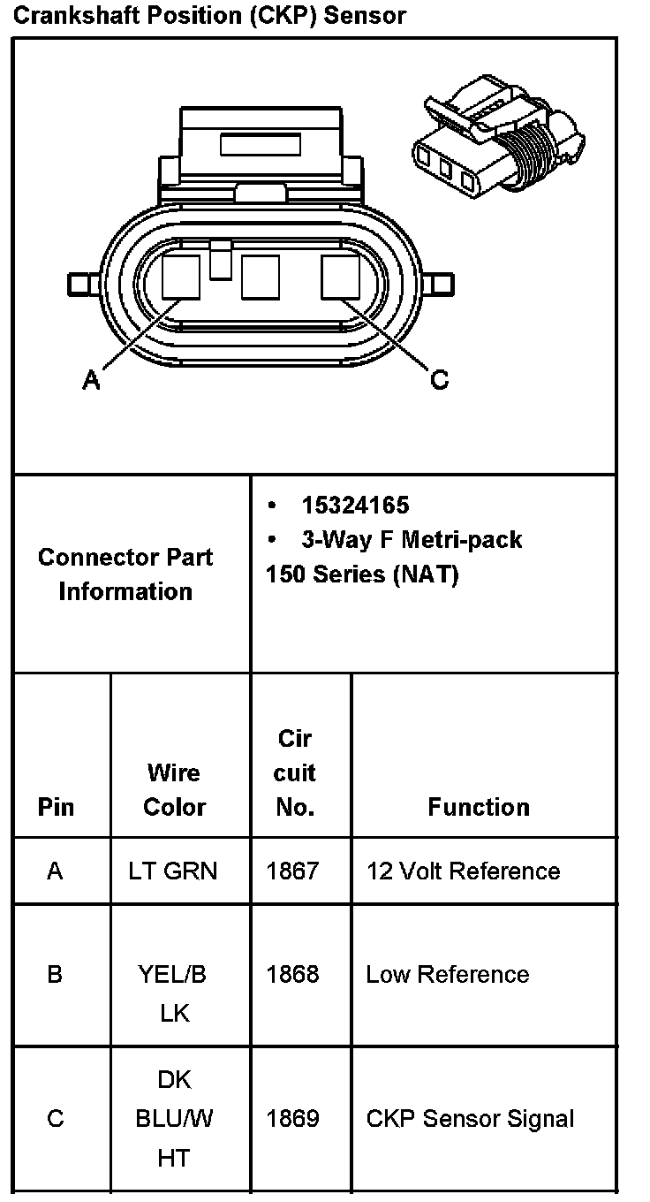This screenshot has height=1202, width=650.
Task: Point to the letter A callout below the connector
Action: pos(91,380)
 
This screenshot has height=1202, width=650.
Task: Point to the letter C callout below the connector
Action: pos(439,380)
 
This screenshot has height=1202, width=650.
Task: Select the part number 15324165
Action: pos(355,506)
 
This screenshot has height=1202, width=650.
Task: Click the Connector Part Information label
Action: pos(125,574)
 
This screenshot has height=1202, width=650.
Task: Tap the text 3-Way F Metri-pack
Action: pos(411,539)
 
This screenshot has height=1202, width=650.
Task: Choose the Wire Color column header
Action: pos(174,789)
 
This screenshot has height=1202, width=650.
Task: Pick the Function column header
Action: pos(479,807)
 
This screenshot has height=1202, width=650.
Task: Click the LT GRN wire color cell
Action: pos(172,871)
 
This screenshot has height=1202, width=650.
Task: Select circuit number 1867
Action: pos(292,871)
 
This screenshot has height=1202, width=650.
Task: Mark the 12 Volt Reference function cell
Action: pos(463,871)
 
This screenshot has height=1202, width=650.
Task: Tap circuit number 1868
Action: pos(292,974)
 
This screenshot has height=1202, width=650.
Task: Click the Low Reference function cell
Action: pos(448,974)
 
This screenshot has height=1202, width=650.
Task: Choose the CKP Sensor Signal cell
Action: pos(470,1119)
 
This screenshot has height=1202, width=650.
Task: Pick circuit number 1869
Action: pos(292,1119)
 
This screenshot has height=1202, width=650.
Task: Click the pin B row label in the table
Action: pos(55,974)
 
